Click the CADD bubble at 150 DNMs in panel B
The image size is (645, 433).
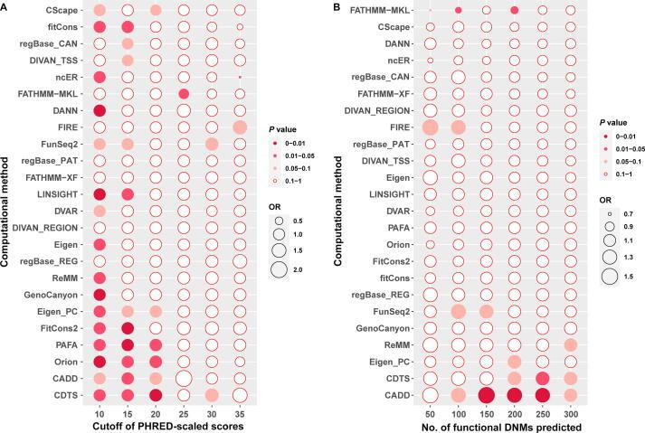[487, 394]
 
